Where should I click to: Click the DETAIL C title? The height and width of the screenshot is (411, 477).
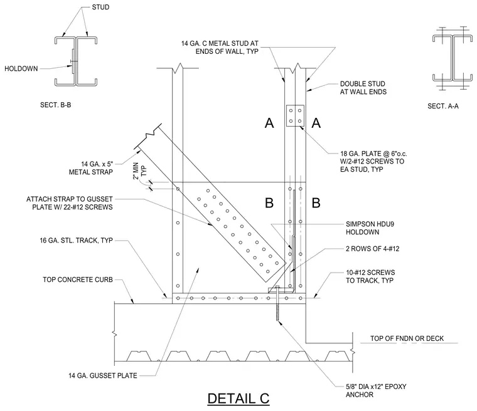238,398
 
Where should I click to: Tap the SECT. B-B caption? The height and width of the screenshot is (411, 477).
56,105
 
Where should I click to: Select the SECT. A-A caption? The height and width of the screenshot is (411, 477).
443,106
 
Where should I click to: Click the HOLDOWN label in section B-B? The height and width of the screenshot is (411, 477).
21,69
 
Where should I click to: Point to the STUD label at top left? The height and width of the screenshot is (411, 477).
100,7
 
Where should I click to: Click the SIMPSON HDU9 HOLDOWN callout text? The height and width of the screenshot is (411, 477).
370,228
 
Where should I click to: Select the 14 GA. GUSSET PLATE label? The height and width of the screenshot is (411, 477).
103,376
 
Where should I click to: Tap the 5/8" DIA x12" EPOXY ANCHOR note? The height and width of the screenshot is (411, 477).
376,391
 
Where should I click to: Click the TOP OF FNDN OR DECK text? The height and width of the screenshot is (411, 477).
407,338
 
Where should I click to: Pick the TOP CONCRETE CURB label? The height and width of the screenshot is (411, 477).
78,279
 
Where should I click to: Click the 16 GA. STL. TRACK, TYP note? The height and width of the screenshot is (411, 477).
77,241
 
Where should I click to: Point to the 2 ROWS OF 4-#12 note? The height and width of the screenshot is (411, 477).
372,249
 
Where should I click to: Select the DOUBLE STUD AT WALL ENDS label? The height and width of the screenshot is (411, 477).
363,88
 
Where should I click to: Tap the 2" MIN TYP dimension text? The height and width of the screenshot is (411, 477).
139,171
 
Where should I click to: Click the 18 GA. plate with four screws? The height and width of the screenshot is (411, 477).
295,115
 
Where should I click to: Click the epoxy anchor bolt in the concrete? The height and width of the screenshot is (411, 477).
277,303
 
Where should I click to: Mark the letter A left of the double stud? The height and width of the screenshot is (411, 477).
269,123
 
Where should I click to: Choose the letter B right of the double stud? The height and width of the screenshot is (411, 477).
316,202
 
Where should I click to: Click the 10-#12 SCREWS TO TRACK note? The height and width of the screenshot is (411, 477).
370,276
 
